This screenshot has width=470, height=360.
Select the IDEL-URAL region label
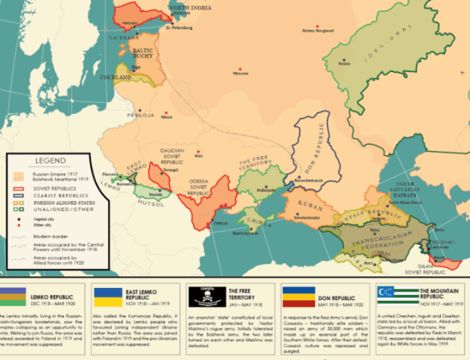[379, 45]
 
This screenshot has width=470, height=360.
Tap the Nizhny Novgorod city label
[318, 31]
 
